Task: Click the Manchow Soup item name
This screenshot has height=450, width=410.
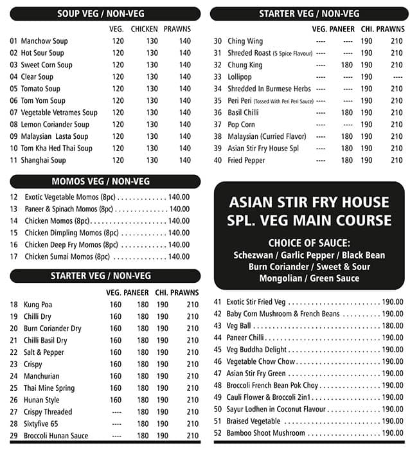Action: [44, 41]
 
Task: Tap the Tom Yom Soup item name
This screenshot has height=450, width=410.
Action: [43, 101]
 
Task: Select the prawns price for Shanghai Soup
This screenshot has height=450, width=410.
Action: [185, 161]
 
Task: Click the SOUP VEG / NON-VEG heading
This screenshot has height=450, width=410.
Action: [105, 14]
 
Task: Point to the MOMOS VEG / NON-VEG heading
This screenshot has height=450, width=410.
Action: [101, 181]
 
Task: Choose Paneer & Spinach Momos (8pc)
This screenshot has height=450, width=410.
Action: [69, 209]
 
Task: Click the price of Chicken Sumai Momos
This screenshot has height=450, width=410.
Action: [179, 256]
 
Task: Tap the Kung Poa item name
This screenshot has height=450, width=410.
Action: [37, 305]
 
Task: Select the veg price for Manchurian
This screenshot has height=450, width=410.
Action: [116, 376]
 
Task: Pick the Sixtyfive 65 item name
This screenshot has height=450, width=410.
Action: [41, 424]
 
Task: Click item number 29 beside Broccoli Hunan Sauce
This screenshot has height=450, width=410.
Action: [13, 436]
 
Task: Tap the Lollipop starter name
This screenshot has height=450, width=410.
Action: [240, 77]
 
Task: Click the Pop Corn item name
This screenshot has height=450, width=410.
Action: [241, 125]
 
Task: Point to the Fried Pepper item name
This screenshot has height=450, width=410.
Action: [245, 161]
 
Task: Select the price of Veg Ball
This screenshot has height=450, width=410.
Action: [392, 326]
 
